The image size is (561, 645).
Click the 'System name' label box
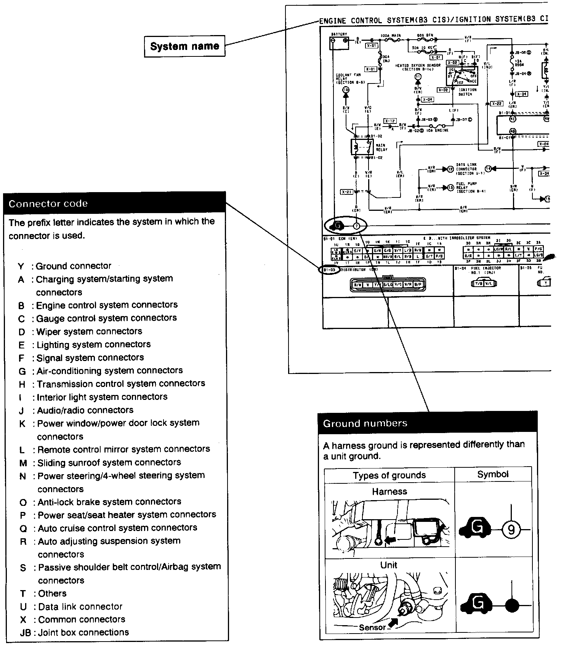[x=184, y=47]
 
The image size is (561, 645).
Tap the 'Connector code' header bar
[x=114, y=203]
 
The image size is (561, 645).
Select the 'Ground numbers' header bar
[x=428, y=423]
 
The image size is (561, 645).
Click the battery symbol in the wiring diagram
[x=339, y=43]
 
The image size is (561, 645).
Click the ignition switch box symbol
[x=462, y=76]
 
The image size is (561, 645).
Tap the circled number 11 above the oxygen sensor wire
[x=418, y=77]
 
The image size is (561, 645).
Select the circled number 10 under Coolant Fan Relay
[x=346, y=90]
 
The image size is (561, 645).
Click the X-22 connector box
[x=497, y=103]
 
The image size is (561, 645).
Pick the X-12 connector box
[x=389, y=121]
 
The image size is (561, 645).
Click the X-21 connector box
[x=347, y=192]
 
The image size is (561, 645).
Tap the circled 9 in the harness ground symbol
[x=511, y=529]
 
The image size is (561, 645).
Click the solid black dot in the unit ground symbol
[x=511, y=605]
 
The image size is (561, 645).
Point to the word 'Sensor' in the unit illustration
[x=372, y=627]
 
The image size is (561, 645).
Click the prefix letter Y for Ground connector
[x=21, y=266]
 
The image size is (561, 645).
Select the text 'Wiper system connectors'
[x=89, y=331]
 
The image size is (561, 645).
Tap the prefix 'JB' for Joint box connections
[x=25, y=633]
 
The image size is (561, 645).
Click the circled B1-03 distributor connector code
[x=329, y=270]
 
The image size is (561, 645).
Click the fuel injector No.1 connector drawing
[x=484, y=283]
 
